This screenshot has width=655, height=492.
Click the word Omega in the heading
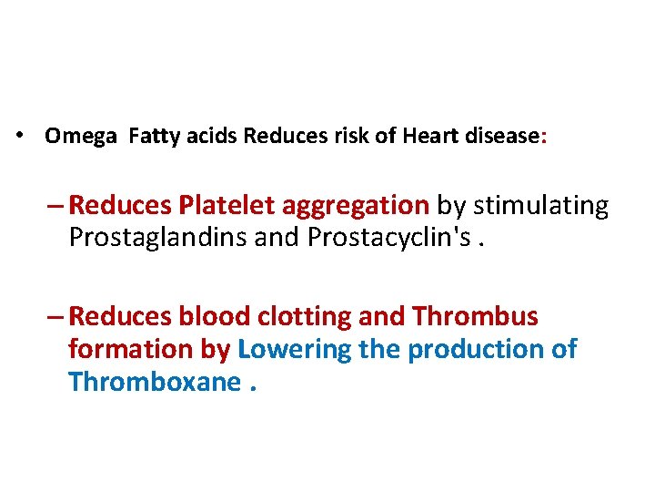(82, 137)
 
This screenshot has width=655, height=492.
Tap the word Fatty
(156, 137)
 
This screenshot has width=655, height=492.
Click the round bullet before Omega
(18, 137)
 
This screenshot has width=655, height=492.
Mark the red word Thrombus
(475, 317)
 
